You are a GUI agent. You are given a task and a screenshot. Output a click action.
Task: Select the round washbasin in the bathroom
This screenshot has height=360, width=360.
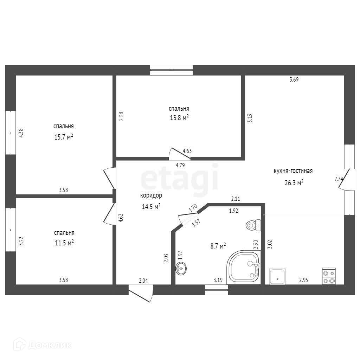181,269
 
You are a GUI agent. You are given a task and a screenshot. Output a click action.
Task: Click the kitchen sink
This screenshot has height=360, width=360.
277,276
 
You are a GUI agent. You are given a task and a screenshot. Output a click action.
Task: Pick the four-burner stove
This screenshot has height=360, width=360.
329,276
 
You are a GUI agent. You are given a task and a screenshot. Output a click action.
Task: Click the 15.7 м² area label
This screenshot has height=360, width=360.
64,137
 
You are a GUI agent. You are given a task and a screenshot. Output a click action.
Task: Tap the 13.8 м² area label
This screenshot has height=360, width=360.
179,118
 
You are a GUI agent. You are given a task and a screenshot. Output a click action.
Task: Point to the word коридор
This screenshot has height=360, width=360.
151,195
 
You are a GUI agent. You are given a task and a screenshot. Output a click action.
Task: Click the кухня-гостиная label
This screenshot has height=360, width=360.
293,171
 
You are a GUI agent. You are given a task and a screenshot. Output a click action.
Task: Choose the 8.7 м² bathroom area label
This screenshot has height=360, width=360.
218,246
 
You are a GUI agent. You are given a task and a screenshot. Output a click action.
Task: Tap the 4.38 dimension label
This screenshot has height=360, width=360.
21,133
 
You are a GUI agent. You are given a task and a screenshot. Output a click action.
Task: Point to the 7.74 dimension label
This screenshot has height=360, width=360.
339,179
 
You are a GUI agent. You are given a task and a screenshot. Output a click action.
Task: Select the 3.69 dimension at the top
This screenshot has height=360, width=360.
294,80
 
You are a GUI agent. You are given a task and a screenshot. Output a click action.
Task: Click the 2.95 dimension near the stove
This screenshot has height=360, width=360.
304,280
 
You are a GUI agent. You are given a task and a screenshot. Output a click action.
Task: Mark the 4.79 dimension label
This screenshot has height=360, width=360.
180,165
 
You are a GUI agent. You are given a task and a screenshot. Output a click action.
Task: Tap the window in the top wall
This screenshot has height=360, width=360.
172,70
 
